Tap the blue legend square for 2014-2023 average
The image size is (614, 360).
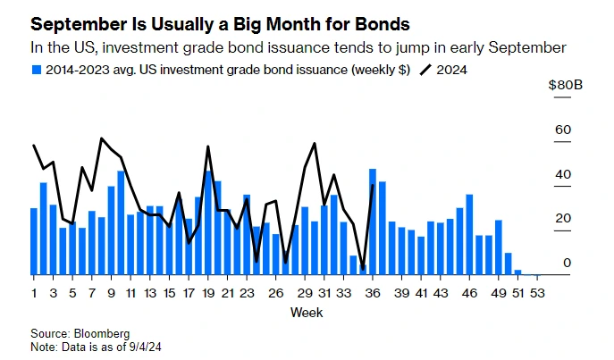(x=36, y=69)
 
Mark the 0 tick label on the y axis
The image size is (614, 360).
(x=567, y=263)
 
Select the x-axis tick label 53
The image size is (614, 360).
(x=537, y=292)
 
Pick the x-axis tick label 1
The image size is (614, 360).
(x=34, y=292)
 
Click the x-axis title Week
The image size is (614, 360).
(x=307, y=313)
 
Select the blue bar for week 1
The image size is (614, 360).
(x=34, y=241)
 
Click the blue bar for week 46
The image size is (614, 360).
(x=469, y=234)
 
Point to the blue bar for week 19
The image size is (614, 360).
(x=208, y=222)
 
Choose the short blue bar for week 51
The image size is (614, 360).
(x=517, y=272)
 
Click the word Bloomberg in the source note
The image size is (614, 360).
(x=100, y=333)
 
